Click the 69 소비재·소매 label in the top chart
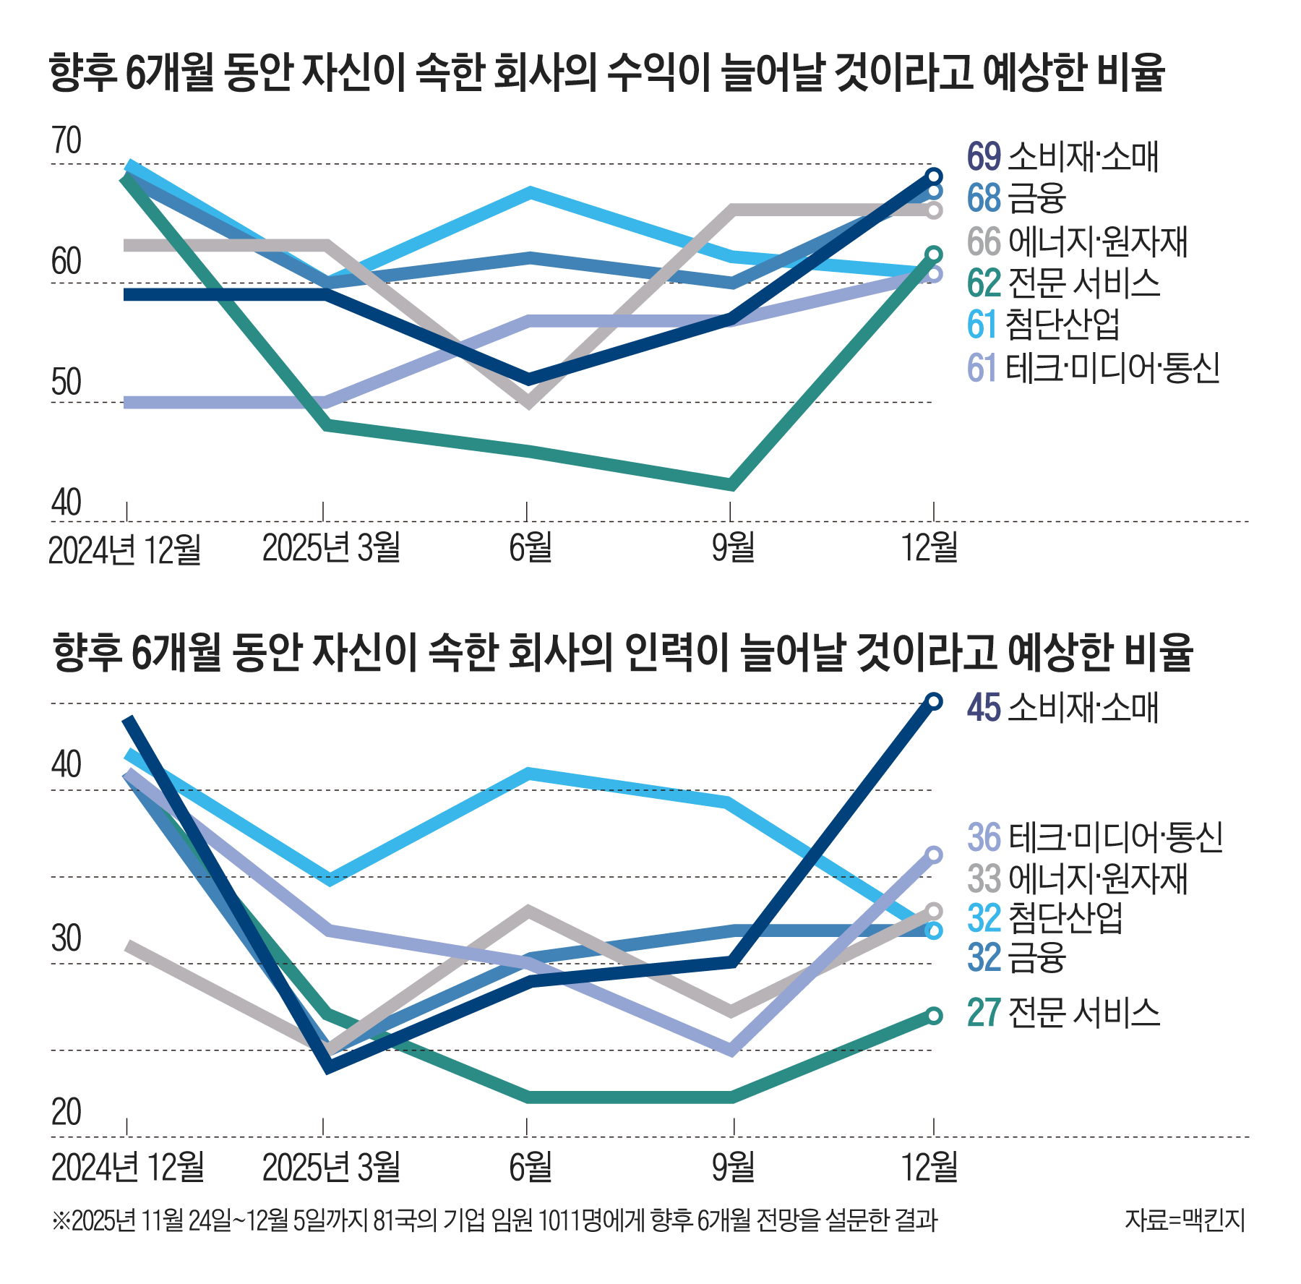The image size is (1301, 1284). (1062, 156)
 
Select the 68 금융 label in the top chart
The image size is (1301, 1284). (1016, 198)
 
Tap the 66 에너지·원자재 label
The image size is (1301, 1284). (1077, 241)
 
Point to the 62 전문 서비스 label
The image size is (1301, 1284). (1063, 283)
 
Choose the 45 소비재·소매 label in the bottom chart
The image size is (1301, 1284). (1062, 707)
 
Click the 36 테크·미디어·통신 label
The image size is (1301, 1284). (1094, 837)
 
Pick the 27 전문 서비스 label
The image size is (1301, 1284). (1063, 1012)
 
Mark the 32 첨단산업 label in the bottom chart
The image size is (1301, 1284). (1045, 918)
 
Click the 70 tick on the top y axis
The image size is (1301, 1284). (66, 141)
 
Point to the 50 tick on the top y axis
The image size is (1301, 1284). (66, 382)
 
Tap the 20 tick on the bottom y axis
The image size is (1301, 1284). (66, 1112)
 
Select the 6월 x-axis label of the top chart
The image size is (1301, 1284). (530, 547)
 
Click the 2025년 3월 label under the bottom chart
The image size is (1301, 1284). (331, 1166)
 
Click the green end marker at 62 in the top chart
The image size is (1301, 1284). (934, 254)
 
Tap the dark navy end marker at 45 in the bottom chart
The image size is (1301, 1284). (934, 701)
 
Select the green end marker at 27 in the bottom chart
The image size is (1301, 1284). (934, 1016)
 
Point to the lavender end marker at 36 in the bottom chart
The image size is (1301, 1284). (934, 855)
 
